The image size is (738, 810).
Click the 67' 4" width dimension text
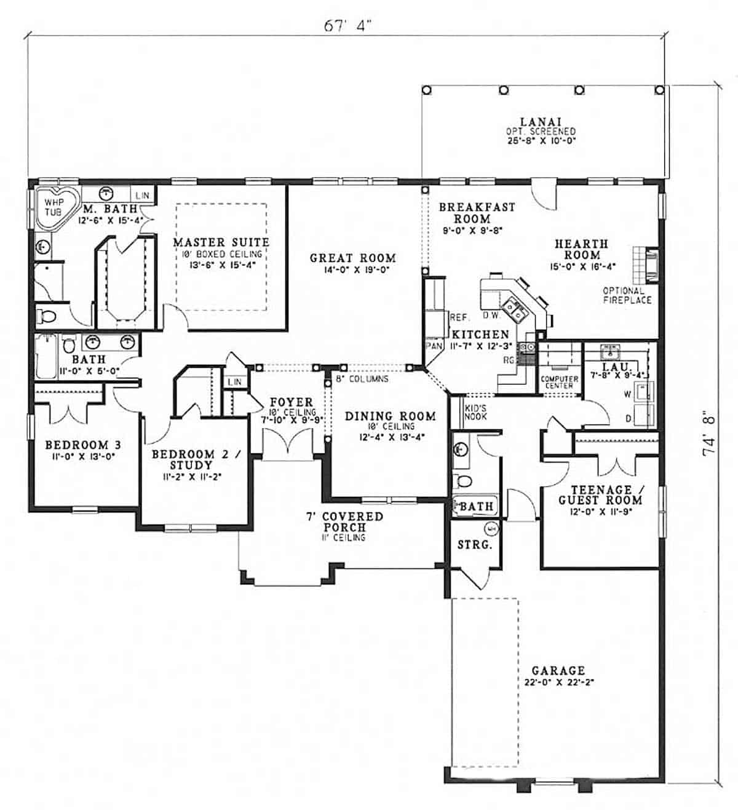tap(348, 25)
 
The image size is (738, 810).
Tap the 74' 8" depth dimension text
tap(710, 434)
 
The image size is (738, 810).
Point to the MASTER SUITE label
tap(221, 242)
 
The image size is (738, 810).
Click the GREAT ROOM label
tap(352, 258)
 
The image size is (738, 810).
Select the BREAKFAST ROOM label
tap(476, 213)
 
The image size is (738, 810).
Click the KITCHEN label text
tap(481, 335)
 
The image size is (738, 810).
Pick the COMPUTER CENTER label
tap(559, 382)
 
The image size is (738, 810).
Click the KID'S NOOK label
tap(475, 412)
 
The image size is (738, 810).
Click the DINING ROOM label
tap(390, 416)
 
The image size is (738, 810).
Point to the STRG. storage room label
tap(474, 545)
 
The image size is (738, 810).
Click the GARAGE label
tap(558, 670)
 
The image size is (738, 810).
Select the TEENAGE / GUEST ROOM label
tap(600, 495)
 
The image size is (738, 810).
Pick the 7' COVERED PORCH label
tap(344, 522)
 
